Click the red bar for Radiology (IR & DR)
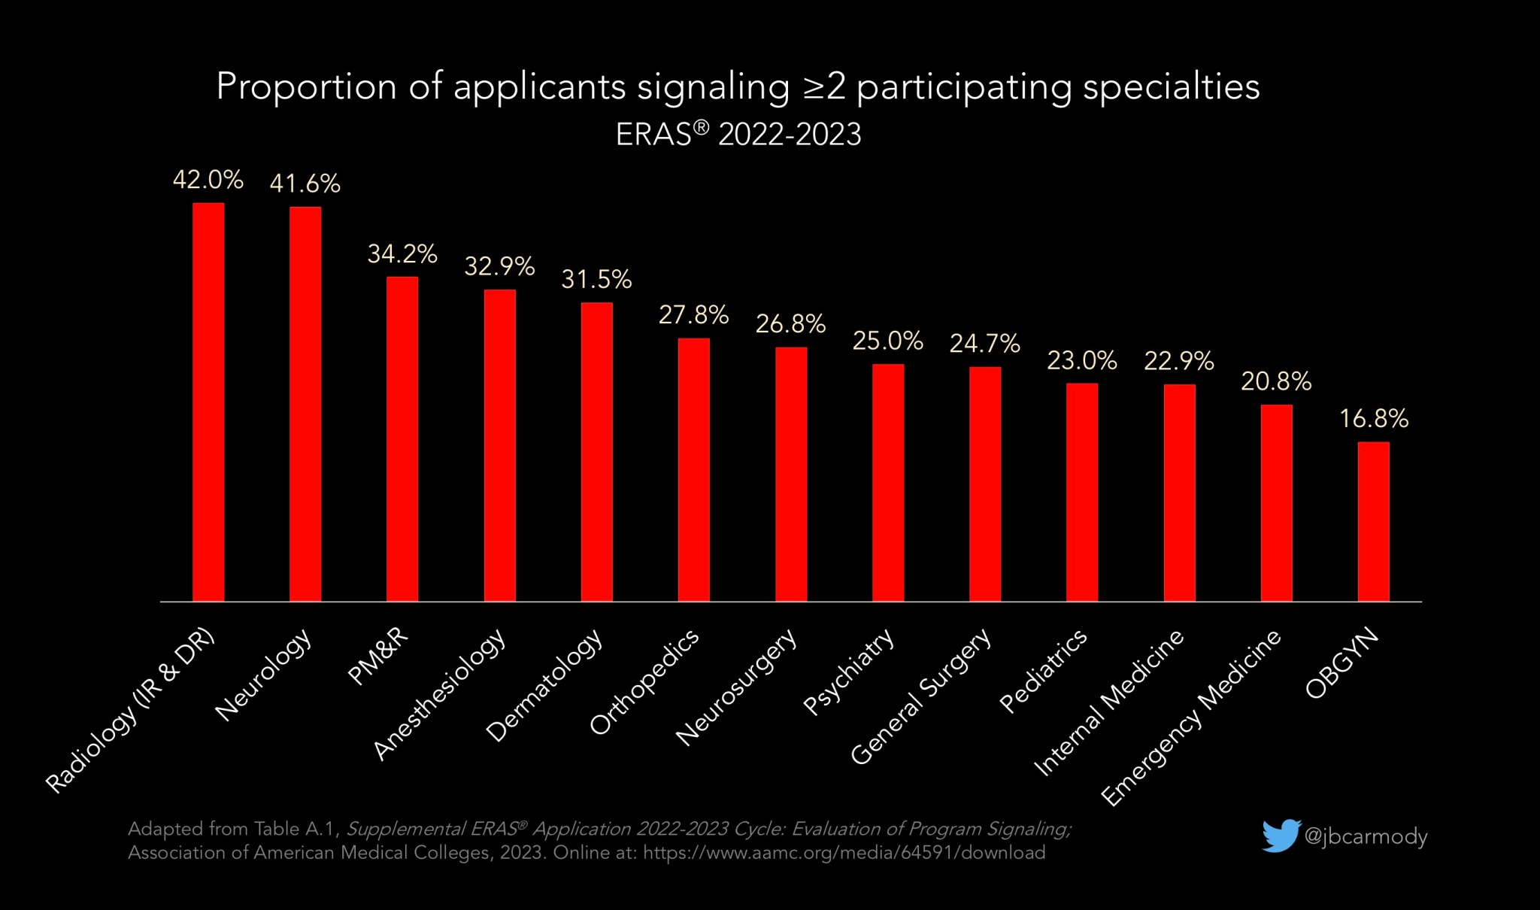[x=208, y=402]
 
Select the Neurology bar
[x=305, y=404]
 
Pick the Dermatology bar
[x=596, y=452]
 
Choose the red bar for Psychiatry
[x=888, y=483]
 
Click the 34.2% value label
[x=402, y=254]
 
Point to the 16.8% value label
[x=1373, y=419]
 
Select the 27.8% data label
[x=693, y=315]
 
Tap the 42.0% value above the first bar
[x=208, y=180]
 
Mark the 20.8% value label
[x=1276, y=382]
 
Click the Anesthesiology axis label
[x=441, y=693]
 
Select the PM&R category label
[x=379, y=656]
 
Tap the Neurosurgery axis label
[x=737, y=687]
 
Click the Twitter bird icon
[x=1281, y=836]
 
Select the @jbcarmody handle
[x=1366, y=836]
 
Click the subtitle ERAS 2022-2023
[x=738, y=135]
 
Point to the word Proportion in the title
[x=306, y=86]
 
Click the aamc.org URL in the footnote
[x=844, y=853]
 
